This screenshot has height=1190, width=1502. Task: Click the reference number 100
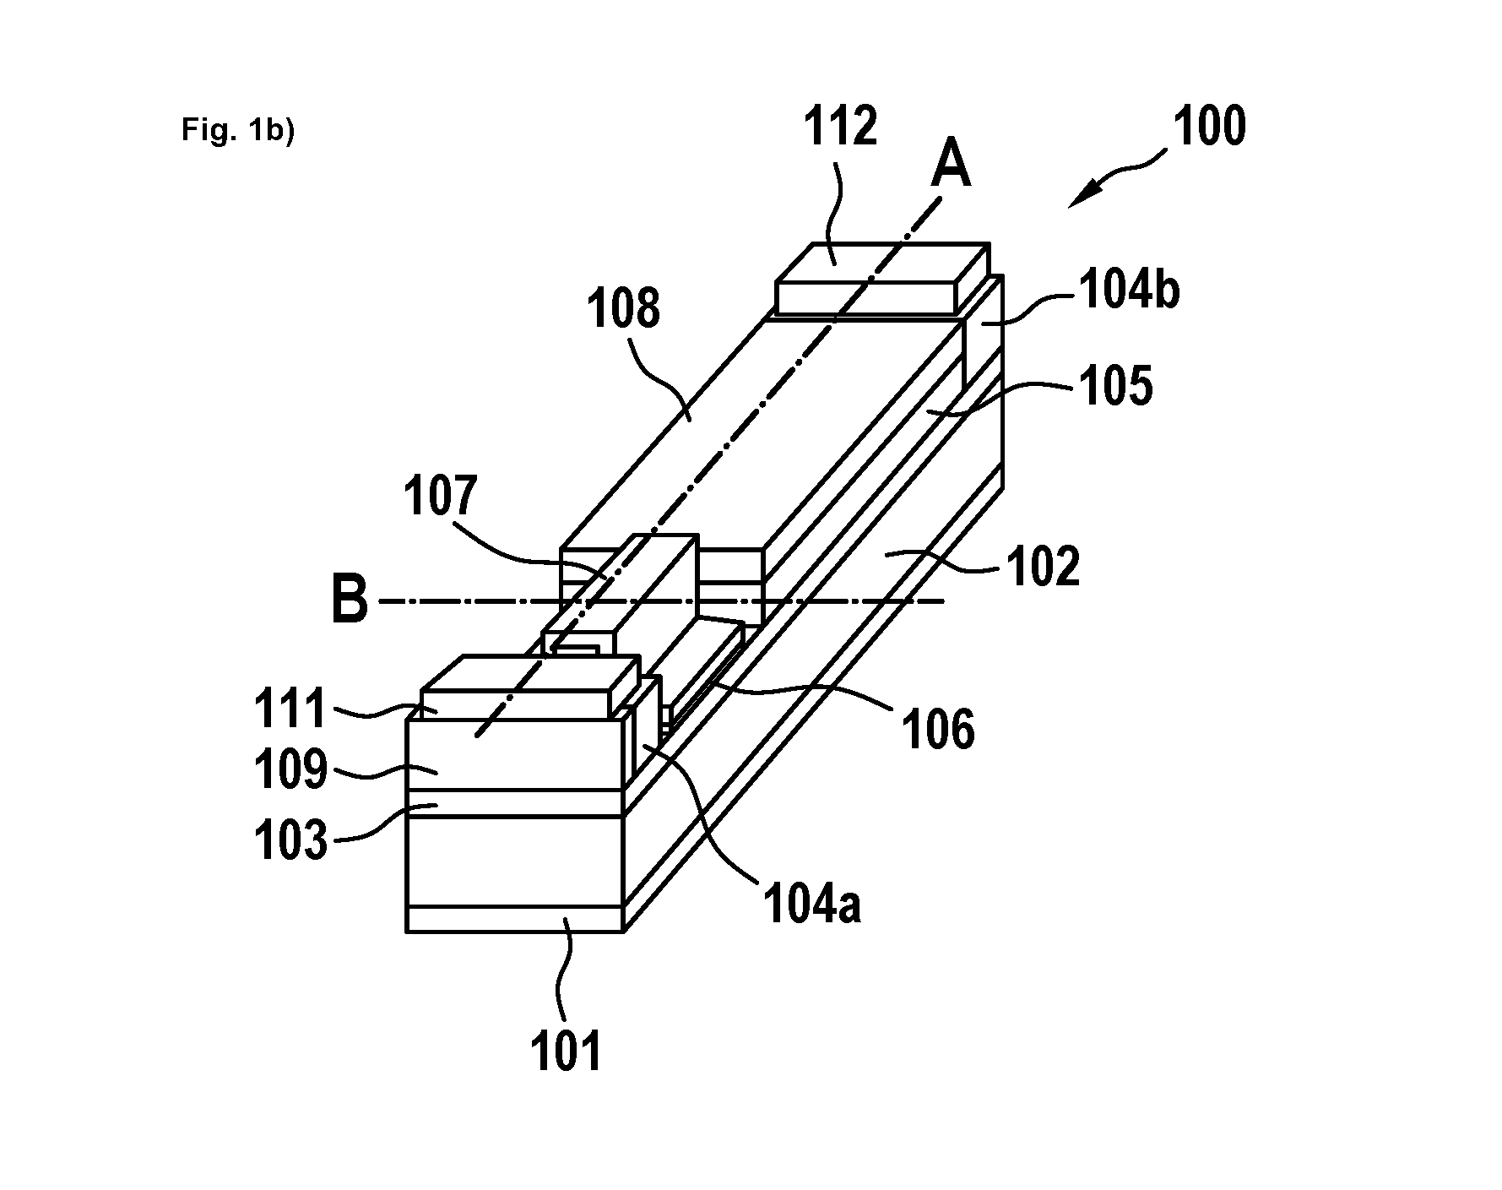1209,127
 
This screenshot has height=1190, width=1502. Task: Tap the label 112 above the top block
840,127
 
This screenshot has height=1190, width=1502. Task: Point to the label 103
290,840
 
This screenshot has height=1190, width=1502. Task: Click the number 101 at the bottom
567,1051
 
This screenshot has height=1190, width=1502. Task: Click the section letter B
350,600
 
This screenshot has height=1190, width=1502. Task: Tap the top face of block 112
881,264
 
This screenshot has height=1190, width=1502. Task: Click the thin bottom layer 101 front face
515,919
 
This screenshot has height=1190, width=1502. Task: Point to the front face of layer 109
515,753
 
